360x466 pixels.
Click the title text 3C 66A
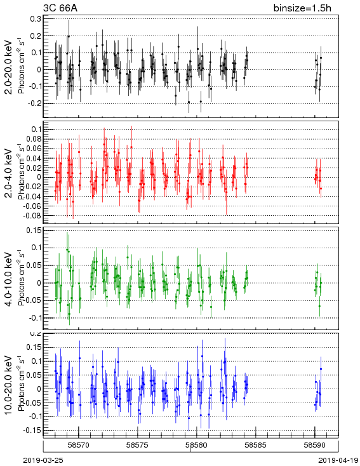(60, 8)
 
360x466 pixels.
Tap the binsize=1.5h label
(302, 8)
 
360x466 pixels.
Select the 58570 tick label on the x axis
(79, 445)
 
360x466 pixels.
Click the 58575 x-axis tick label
(138, 445)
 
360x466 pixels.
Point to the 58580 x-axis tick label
(197, 445)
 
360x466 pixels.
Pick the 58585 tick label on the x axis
(255, 445)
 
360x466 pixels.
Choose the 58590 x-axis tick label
(314, 445)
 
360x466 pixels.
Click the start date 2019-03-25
(43, 460)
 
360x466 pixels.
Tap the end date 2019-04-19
(338, 460)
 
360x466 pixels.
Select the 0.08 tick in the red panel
(34, 139)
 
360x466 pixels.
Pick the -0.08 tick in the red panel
(32, 215)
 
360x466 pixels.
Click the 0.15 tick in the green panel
(34, 230)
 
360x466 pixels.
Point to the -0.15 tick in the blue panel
(32, 430)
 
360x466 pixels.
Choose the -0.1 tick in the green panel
(35, 318)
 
